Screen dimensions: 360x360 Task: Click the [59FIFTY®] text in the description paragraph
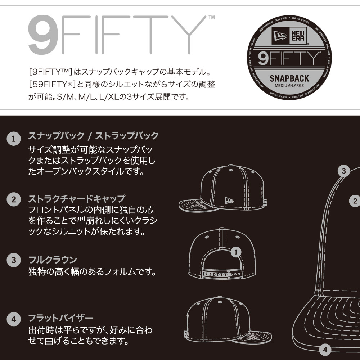[51, 85]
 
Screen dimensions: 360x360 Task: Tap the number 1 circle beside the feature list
[14, 139]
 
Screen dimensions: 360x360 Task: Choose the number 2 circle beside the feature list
[14, 199]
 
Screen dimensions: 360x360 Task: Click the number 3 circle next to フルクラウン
[14, 260]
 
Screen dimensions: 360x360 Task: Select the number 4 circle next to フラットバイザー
[14, 319]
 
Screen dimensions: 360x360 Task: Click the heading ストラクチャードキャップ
[77, 198]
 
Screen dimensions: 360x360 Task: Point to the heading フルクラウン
[53, 260]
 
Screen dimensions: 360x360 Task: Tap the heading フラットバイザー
[61, 318]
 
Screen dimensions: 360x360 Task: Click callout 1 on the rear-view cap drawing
[236, 252]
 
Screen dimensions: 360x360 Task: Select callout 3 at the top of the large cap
[344, 171]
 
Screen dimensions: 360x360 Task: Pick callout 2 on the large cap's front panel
[355, 201]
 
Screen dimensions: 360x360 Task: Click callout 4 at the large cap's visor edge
[325, 349]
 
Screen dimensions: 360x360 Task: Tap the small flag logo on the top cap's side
[228, 201]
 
